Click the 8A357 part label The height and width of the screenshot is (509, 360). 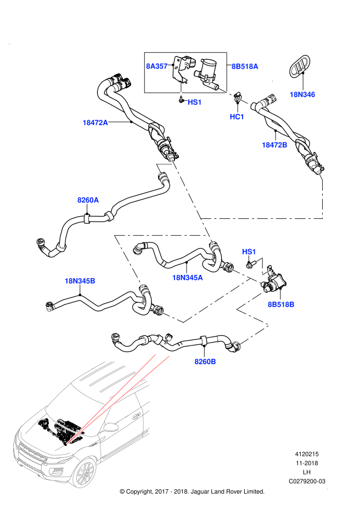[x=156, y=66]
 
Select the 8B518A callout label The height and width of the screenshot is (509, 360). [x=245, y=66]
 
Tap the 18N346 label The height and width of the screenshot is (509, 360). [x=302, y=94]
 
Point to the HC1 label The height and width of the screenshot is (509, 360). [x=237, y=117]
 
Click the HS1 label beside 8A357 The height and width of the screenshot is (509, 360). [x=195, y=102]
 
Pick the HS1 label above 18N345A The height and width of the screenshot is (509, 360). [x=249, y=252]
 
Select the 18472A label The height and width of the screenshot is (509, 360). [x=95, y=123]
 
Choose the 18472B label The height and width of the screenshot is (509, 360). [x=274, y=145]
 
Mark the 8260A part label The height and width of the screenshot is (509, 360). [x=88, y=200]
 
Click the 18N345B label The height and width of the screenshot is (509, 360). [x=80, y=281]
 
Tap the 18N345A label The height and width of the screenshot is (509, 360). [x=187, y=278]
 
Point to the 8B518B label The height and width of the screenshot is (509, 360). [x=281, y=304]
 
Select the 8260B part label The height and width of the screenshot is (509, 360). [x=205, y=361]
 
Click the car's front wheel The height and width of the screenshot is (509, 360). [x=85, y=473]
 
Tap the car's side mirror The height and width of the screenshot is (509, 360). [x=111, y=427]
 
